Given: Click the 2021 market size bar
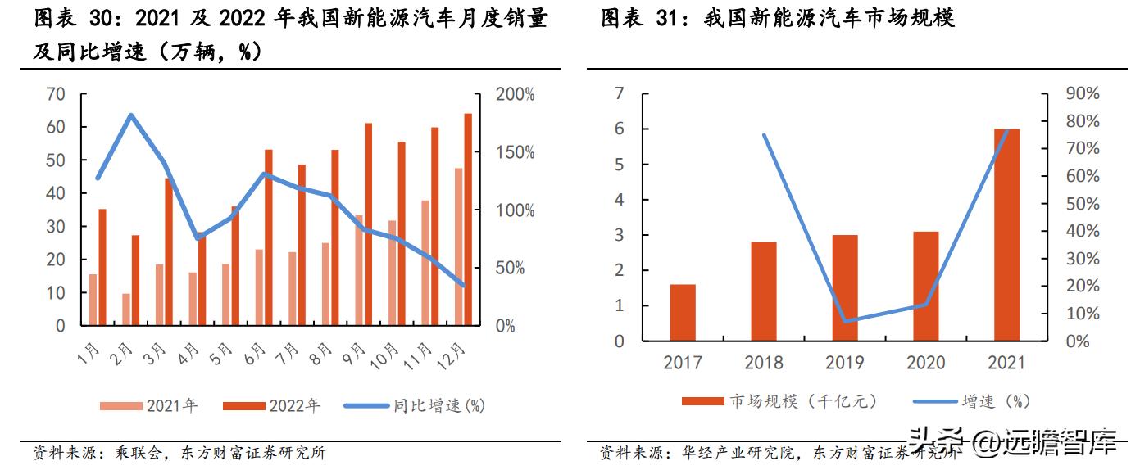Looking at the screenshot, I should coord(1006,234).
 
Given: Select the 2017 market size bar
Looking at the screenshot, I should coord(683,312).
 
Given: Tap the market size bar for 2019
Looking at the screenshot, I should coord(845,287).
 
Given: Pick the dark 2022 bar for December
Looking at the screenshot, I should coord(468,219).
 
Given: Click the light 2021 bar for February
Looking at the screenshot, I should coord(125,309).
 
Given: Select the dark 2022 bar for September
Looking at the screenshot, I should coord(369,224).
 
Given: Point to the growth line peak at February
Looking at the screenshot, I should coord(131,115).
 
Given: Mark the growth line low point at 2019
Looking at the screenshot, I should coord(845,321).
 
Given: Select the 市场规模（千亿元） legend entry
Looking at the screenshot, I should coord(779,400).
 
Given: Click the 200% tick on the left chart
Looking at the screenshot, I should coord(515,94).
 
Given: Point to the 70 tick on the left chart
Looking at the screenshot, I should coord(55,94).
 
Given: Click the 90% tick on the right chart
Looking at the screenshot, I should coord(1082,94).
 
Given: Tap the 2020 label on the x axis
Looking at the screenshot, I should coord(926,362).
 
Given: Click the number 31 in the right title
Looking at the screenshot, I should coord(670,18).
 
